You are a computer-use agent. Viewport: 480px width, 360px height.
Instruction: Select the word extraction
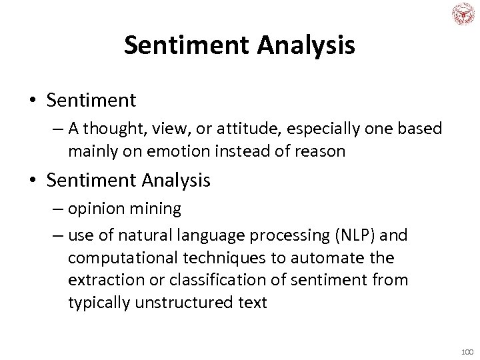[x=103, y=280]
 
